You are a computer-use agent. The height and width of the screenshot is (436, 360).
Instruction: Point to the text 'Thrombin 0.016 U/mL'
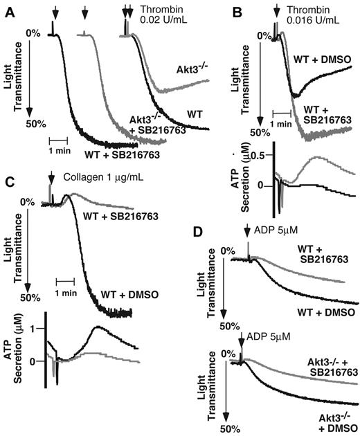[x=312, y=15]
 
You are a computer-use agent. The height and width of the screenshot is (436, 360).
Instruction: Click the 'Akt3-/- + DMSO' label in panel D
[x=331, y=419]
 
